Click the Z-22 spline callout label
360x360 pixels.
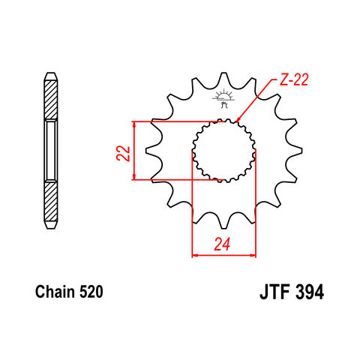click(x=293, y=79)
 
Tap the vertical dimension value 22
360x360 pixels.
click(x=124, y=153)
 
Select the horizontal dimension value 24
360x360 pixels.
click(x=222, y=244)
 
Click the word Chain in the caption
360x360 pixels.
click(x=55, y=292)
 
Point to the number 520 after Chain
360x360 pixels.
click(x=91, y=292)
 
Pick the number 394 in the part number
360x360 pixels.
click(x=310, y=292)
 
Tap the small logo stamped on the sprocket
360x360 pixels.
click(x=223, y=98)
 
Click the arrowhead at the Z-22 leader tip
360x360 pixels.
click(x=238, y=119)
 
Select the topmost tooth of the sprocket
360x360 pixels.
click(x=223, y=79)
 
